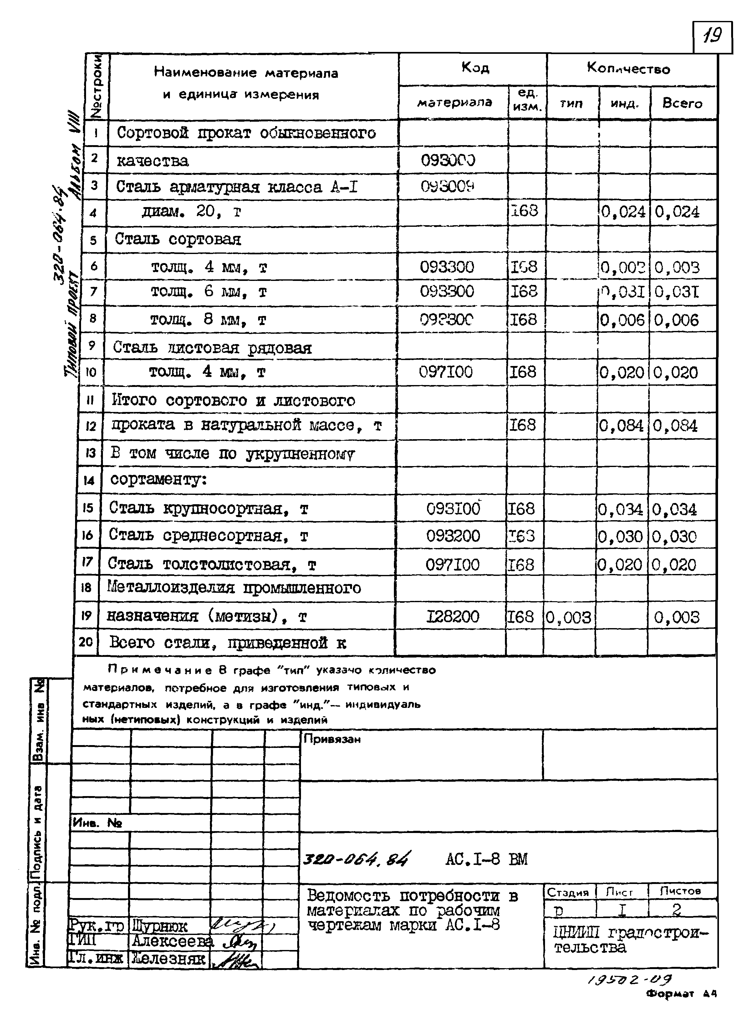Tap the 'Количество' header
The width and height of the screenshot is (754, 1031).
[x=629, y=69]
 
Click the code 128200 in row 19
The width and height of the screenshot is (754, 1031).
[x=452, y=617]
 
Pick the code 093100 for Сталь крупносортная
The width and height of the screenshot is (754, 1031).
[x=453, y=509]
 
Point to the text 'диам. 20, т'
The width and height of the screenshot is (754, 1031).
[x=191, y=212]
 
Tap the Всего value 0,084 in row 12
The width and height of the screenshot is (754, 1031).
[x=675, y=426]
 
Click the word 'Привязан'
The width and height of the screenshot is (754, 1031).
[x=332, y=739]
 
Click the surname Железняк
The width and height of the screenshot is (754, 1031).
[x=168, y=958]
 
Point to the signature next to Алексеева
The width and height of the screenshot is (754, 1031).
[x=240, y=942]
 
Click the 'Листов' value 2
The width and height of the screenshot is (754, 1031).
[x=676, y=911]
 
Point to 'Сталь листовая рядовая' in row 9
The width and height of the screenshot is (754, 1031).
[x=212, y=348]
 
